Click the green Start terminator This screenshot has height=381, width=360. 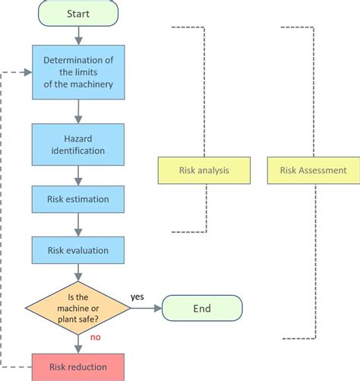(78, 14)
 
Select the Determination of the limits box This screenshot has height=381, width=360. (78, 72)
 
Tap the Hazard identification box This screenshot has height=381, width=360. (78, 144)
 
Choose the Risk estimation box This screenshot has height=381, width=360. (78, 199)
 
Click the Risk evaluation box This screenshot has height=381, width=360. (78, 250)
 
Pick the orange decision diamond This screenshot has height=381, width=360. (78, 308)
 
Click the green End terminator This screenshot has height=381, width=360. (202, 308)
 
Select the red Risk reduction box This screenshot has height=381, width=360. (78, 367)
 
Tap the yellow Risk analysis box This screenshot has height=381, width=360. (204, 170)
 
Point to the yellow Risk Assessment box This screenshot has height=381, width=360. (314, 170)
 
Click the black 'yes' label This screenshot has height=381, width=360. (137, 297)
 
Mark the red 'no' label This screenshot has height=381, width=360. (96, 338)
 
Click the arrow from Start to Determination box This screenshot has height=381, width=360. (78, 36)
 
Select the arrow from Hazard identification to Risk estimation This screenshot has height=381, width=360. (78, 176)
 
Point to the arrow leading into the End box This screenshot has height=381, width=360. (146, 308)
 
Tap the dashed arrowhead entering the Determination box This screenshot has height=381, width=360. (27, 72)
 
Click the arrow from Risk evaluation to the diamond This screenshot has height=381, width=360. (78, 272)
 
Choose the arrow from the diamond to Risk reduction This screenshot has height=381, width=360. (78, 344)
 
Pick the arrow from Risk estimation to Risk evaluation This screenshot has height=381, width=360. (78, 224)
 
